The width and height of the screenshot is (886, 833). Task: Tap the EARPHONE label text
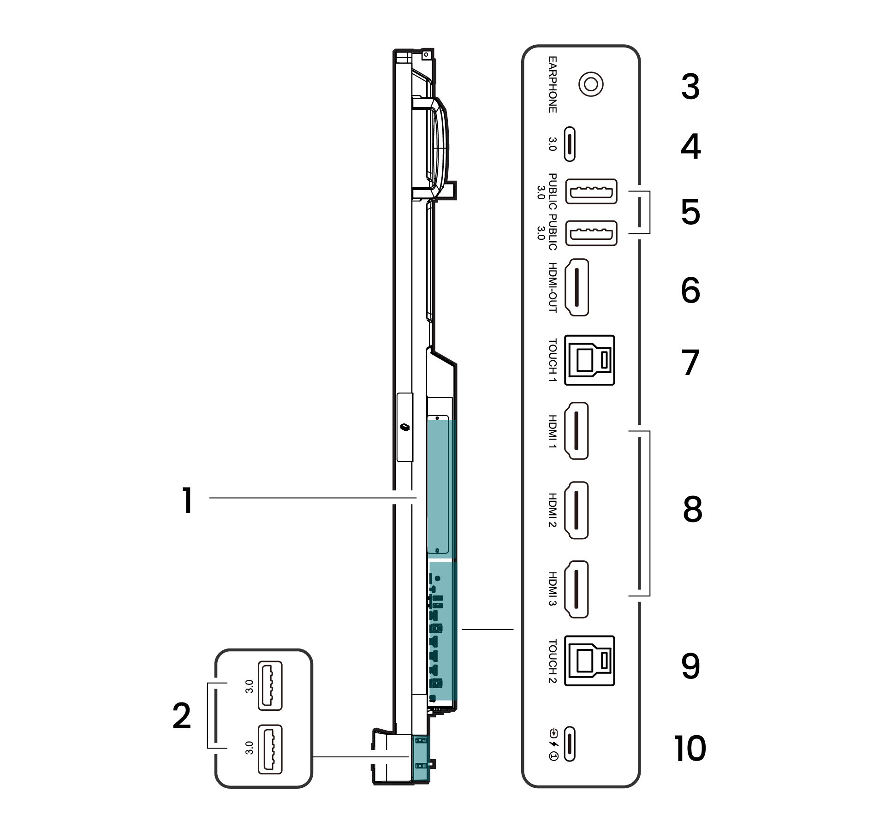pyautogui.click(x=552, y=85)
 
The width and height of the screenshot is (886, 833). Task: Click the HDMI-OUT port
pyautogui.click(x=577, y=287)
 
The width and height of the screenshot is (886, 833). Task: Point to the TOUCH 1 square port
pyautogui.click(x=589, y=360)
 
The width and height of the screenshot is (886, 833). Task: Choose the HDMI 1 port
pyautogui.click(x=577, y=431)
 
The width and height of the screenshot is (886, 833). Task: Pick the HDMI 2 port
pyautogui.click(x=577, y=511)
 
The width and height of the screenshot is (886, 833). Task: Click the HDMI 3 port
pyautogui.click(x=577, y=589)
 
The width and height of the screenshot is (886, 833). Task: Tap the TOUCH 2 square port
pyautogui.click(x=589, y=661)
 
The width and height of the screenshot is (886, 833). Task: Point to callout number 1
pyautogui.click(x=186, y=501)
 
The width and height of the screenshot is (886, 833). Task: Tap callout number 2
pyautogui.click(x=182, y=716)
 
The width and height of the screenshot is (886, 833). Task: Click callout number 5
pyautogui.click(x=690, y=213)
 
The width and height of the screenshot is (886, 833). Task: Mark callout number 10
pyautogui.click(x=690, y=749)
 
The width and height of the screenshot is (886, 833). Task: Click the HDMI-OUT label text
pyautogui.click(x=552, y=287)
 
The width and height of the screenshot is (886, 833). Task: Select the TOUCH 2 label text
pyautogui.click(x=552, y=661)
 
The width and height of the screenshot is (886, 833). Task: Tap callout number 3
pyautogui.click(x=690, y=87)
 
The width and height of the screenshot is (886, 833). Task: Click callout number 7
pyautogui.click(x=690, y=363)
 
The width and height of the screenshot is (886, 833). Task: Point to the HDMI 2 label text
pyautogui.click(x=552, y=511)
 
